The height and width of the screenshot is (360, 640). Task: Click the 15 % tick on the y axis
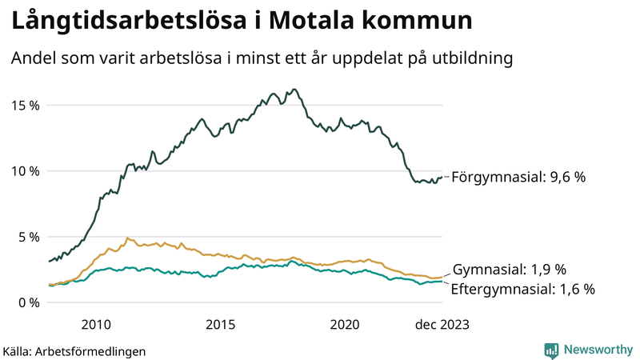coord(25,106)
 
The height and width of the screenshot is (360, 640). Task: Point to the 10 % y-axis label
coord(25,171)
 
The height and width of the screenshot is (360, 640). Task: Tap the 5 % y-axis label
coord(29,237)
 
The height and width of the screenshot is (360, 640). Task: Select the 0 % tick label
coord(29,302)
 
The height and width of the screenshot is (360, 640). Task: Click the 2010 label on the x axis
coord(95,324)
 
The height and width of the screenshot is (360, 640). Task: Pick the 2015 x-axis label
coord(220,324)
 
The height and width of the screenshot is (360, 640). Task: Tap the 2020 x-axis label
coord(345,324)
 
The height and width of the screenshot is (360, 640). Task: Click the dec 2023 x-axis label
coord(442,324)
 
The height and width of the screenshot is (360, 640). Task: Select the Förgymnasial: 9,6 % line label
coord(518,178)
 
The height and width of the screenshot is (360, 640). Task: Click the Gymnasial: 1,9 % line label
coord(510,270)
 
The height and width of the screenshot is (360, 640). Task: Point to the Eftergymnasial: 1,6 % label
coord(523,289)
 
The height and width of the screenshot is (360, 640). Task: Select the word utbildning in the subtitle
coord(471,58)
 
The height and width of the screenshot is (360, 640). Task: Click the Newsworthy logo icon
coord(551,350)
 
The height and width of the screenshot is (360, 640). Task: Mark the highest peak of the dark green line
coord(295,89)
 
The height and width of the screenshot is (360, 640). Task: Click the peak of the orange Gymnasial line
coord(126,238)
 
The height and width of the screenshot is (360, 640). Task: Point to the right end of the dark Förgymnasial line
coord(442,178)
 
